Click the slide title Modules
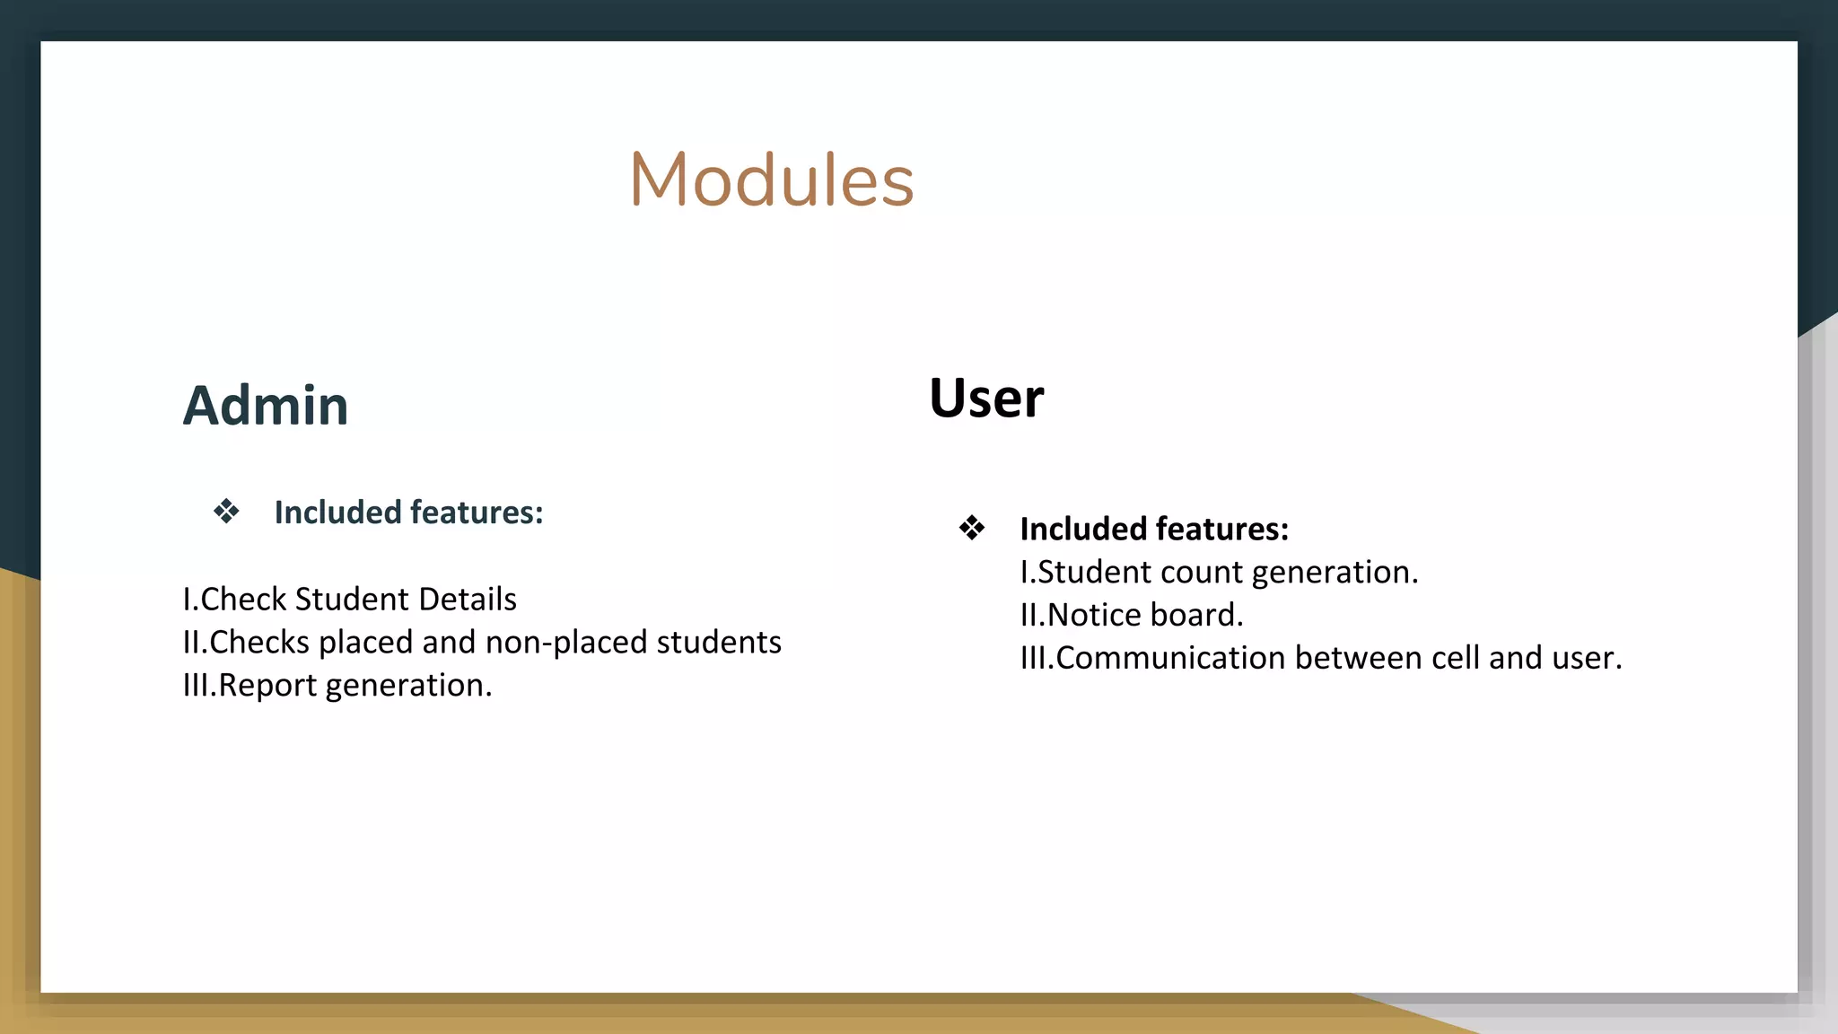tap(771, 180)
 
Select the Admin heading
tap(266, 406)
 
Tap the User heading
tap(986, 398)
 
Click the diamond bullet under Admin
tap(226, 512)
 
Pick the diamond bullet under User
tap(972, 528)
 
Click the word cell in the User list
tap(1455, 658)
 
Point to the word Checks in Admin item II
tap(259, 642)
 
